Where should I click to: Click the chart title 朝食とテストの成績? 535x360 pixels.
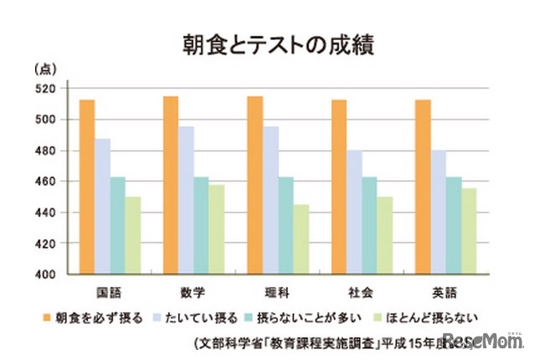266,44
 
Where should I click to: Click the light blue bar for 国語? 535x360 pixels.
103,206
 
